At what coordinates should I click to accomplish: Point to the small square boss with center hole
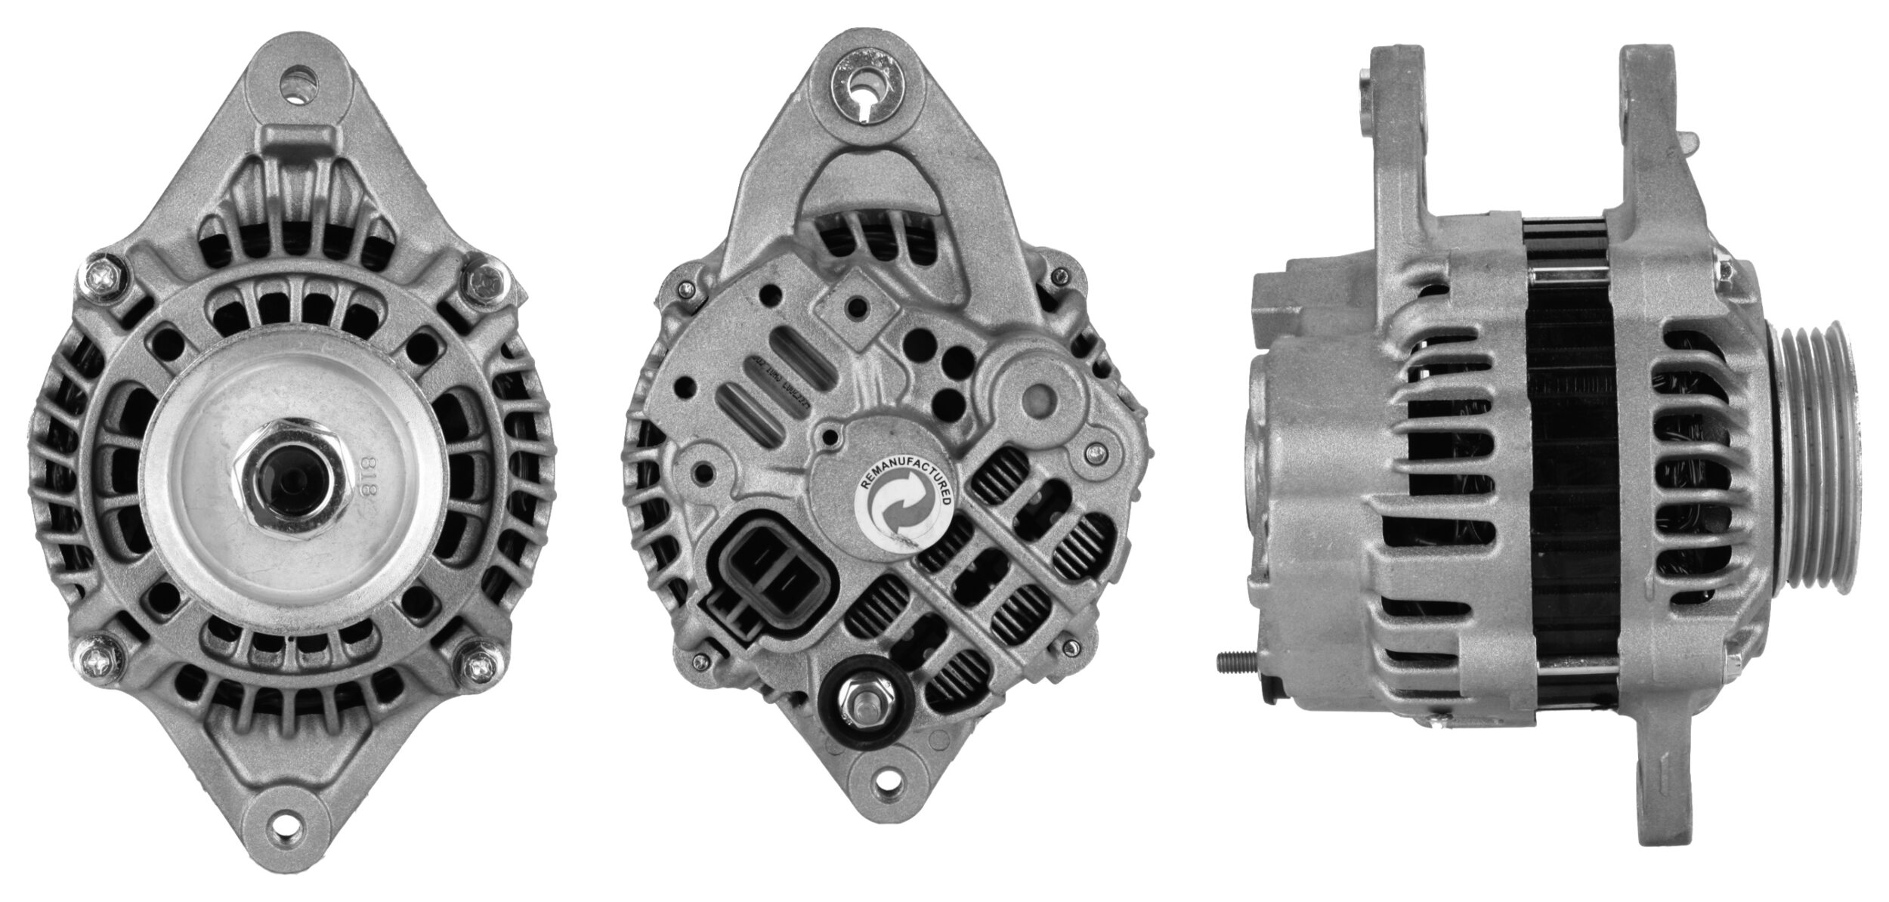coord(856,307)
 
